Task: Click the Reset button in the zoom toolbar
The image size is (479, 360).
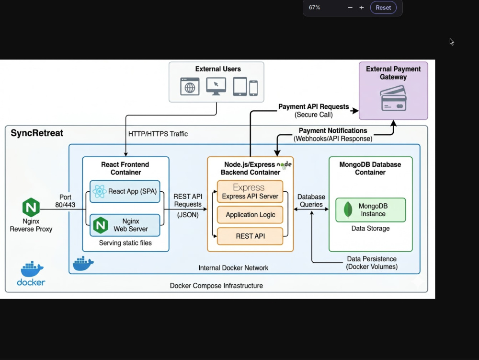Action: (383, 8)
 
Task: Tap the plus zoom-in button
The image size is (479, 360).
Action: (361, 8)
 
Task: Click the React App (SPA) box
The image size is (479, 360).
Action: (125, 191)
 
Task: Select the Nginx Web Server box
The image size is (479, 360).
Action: (125, 225)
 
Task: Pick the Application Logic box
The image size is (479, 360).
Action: (250, 215)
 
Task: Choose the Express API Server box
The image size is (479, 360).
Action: (250, 191)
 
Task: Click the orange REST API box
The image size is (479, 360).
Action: (250, 236)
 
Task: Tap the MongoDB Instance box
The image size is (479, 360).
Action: (371, 210)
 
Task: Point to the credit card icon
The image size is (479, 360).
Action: (393, 98)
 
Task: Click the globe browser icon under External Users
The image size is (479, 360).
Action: (190, 86)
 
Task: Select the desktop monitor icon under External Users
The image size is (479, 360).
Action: (216, 86)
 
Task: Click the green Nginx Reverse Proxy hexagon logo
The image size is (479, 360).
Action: (31, 207)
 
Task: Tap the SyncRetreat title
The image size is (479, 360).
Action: (37, 133)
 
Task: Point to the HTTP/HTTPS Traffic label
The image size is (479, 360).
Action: (158, 134)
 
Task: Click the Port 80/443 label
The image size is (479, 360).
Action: (65, 201)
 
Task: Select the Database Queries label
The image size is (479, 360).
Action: (311, 200)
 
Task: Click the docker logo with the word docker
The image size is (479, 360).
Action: (31, 274)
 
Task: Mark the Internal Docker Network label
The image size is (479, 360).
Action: (233, 268)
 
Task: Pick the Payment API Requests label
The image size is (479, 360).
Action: (313, 106)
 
